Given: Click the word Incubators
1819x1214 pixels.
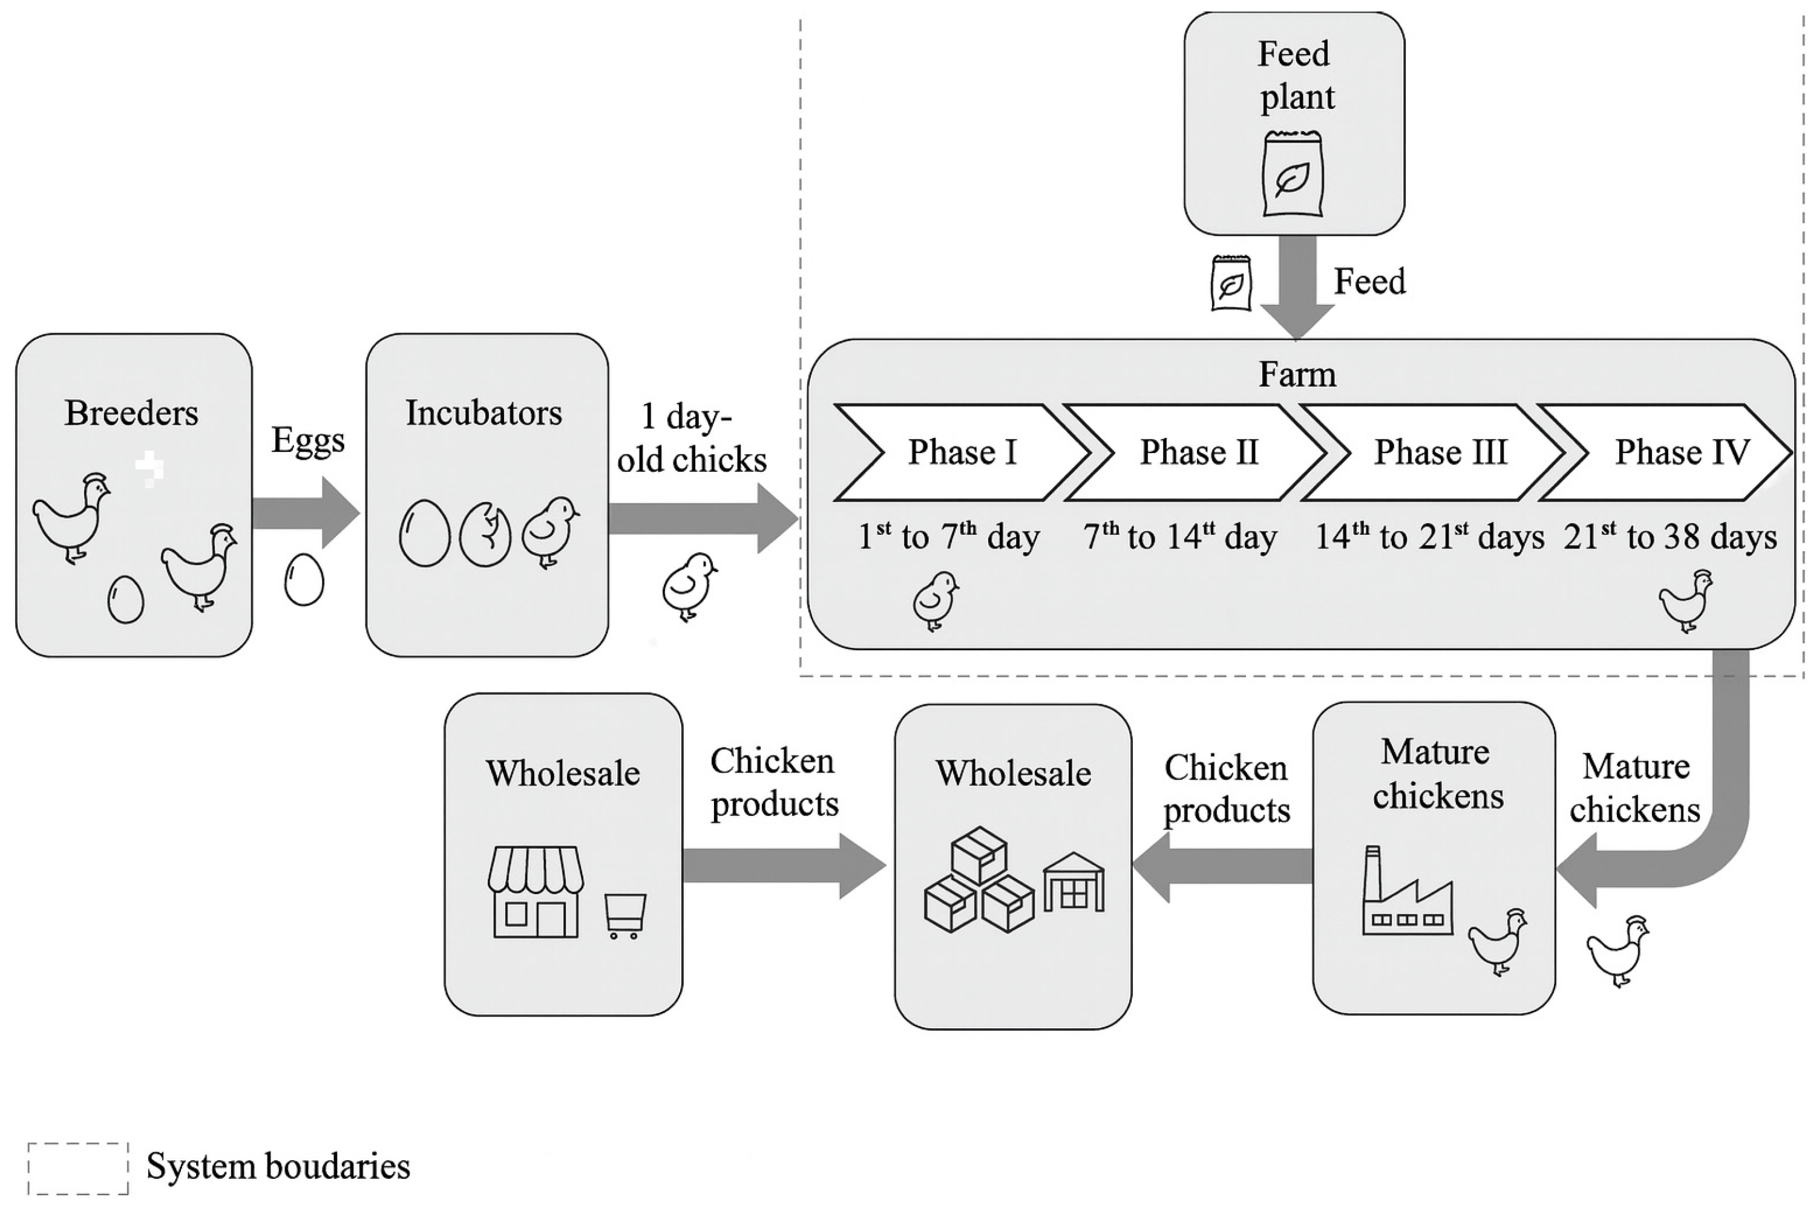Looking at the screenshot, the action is point(484,413).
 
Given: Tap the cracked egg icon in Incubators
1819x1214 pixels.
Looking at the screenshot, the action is point(485,534).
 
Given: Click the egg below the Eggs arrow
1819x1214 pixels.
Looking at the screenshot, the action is point(304,579).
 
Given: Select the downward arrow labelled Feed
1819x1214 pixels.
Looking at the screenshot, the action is point(1297,287).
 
